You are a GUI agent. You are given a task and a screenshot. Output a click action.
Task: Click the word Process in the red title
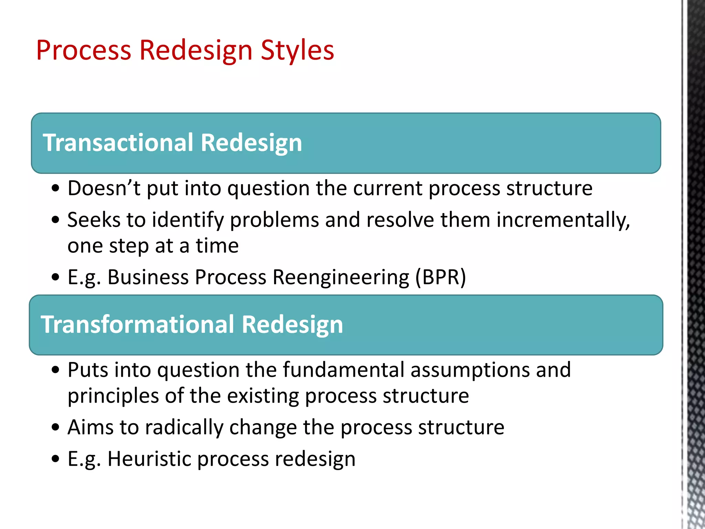tap(84, 51)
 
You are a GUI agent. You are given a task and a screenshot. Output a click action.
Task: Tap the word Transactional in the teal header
tap(118, 143)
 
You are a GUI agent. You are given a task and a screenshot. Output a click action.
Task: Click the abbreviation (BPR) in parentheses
tap(440, 277)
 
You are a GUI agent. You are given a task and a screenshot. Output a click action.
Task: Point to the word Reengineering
tap(341, 277)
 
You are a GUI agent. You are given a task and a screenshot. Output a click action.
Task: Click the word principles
tap(113, 396)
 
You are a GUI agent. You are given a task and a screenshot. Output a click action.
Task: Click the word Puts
tap(88, 370)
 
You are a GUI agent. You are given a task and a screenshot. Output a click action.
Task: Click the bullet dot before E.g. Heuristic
tap(55, 459)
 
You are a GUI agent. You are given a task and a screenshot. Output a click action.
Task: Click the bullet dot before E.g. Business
tap(55, 278)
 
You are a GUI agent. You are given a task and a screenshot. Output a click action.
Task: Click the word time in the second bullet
tap(217, 246)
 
